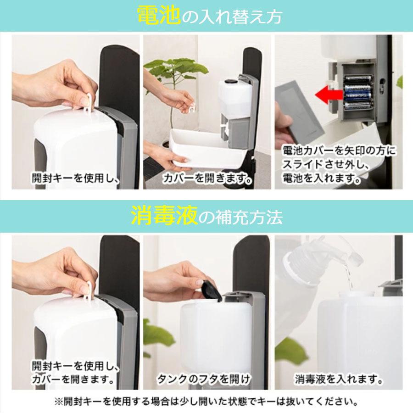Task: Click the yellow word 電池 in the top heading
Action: click(x=158, y=16)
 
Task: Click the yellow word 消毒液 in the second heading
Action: click(x=164, y=216)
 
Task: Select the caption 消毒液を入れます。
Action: click(x=339, y=380)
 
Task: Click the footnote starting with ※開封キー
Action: click(x=206, y=402)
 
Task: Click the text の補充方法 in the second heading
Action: click(x=241, y=217)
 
